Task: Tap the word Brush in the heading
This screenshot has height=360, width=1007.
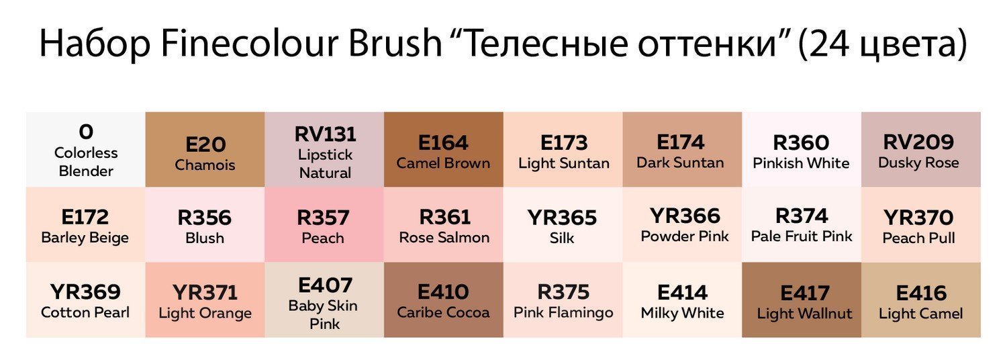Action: pos(395,43)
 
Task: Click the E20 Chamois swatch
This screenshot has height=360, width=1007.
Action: pos(205,149)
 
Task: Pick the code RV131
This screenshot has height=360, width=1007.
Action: pos(325,134)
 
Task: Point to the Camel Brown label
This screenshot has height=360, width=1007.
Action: pos(443,163)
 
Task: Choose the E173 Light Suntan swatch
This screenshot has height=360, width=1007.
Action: pos(563,149)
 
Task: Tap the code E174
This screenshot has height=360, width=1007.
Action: pos(680,142)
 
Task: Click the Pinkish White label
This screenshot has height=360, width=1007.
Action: pos(801,163)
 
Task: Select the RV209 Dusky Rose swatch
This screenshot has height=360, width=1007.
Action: pos(921,149)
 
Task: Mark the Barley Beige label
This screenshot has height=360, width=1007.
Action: pos(85,238)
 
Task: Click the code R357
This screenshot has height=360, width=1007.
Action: pos(323,218)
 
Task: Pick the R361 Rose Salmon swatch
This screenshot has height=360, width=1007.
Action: pos(443,224)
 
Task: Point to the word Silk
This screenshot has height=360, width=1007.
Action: pos(562,238)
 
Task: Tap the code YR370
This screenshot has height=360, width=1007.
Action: pos(918,218)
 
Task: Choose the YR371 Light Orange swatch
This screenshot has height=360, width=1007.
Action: pos(205,300)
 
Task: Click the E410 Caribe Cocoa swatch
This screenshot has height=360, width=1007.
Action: pos(443,300)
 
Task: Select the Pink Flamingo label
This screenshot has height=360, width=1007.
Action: pos(563,313)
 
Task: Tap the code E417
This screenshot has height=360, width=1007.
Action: pos(805,294)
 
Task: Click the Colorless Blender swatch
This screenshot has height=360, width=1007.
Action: pos(85,149)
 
